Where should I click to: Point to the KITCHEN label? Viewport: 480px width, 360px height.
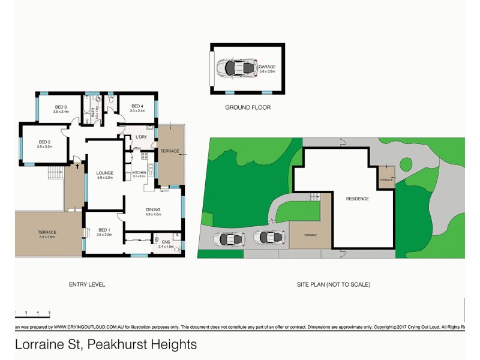point(139,172)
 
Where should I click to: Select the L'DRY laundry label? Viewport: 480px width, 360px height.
point(142,137)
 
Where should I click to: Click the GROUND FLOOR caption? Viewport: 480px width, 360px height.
point(248,108)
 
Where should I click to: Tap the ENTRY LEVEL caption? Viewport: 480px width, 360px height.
point(87,284)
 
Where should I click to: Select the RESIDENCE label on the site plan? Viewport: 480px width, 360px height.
point(357,199)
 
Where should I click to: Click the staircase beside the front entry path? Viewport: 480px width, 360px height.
point(56,172)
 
